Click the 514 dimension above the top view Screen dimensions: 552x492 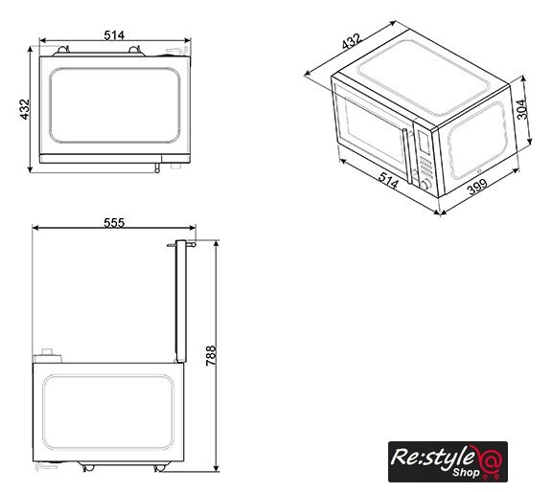coord(114,35)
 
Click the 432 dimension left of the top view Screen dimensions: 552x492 coord(25,109)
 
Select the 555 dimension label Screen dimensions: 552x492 coord(114,223)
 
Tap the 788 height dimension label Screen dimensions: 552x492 coord(211,355)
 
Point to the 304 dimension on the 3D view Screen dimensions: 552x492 coord(521,109)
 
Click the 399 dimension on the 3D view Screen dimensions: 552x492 coord(477,187)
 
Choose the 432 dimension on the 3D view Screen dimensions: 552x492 coord(352,41)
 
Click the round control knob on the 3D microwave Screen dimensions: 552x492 coord(425,185)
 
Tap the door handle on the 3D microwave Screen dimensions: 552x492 coord(406,156)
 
